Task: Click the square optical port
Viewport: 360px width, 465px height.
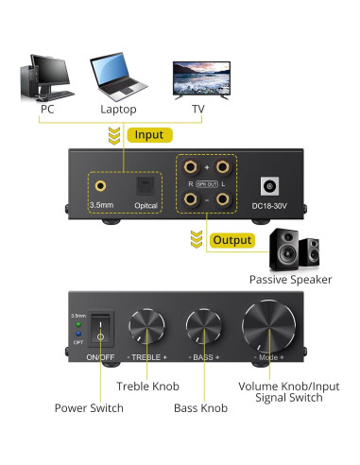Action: pyautogui.click(x=145, y=184)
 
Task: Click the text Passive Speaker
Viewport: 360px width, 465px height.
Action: pyautogui.click(x=288, y=279)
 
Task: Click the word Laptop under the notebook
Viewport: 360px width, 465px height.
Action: pyautogui.click(x=117, y=109)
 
